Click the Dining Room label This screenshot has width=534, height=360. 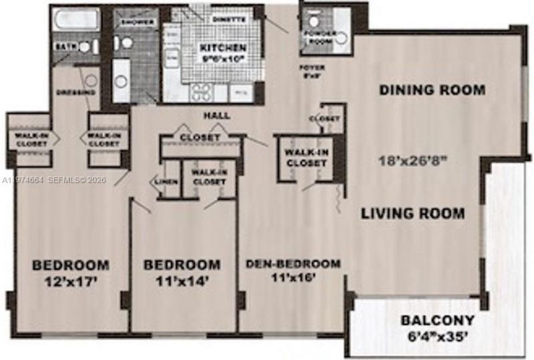[x=432, y=90]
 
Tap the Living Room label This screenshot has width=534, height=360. [x=413, y=214]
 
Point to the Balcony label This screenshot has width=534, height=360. [x=438, y=320]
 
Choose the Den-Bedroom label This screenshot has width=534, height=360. [x=293, y=263]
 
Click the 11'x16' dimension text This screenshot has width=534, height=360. [x=293, y=279]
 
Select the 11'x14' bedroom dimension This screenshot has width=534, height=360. [x=182, y=281]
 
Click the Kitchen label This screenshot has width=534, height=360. [x=223, y=48]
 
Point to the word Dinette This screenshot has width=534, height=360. [x=229, y=19]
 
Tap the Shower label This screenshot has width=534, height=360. [x=139, y=22]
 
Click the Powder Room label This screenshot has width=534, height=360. [x=318, y=37]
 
